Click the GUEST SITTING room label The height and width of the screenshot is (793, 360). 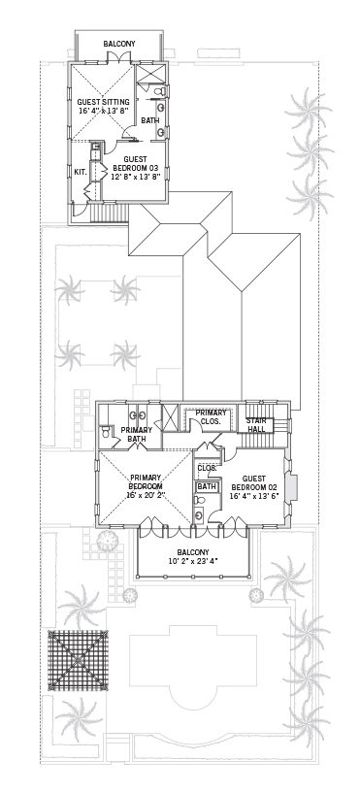pos(103,102)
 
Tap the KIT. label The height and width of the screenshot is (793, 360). pos(81,172)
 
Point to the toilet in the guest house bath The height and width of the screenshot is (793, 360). pos(160,91)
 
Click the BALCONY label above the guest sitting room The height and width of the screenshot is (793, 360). pos(119,44)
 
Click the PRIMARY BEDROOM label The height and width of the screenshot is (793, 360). pos(146,481)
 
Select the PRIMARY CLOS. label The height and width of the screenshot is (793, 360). pos(213,416)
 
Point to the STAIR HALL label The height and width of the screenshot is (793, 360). pos(257,425)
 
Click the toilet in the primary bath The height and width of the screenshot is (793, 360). pos(106,432)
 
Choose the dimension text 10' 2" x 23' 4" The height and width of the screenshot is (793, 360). pos(194,561)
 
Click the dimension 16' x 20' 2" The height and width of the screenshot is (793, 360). pos(146,494)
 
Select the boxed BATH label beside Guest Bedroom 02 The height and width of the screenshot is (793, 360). pos(207,486)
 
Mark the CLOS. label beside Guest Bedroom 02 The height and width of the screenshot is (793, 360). pos(207,468)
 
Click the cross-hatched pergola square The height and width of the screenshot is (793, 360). pos(78,660)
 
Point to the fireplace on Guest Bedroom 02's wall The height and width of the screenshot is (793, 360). pos(291,487)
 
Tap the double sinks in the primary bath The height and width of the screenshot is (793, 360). pos(137,415)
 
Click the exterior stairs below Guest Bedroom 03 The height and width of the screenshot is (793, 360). pos(108,212)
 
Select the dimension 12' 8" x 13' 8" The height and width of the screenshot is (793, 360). pos(136,177)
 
